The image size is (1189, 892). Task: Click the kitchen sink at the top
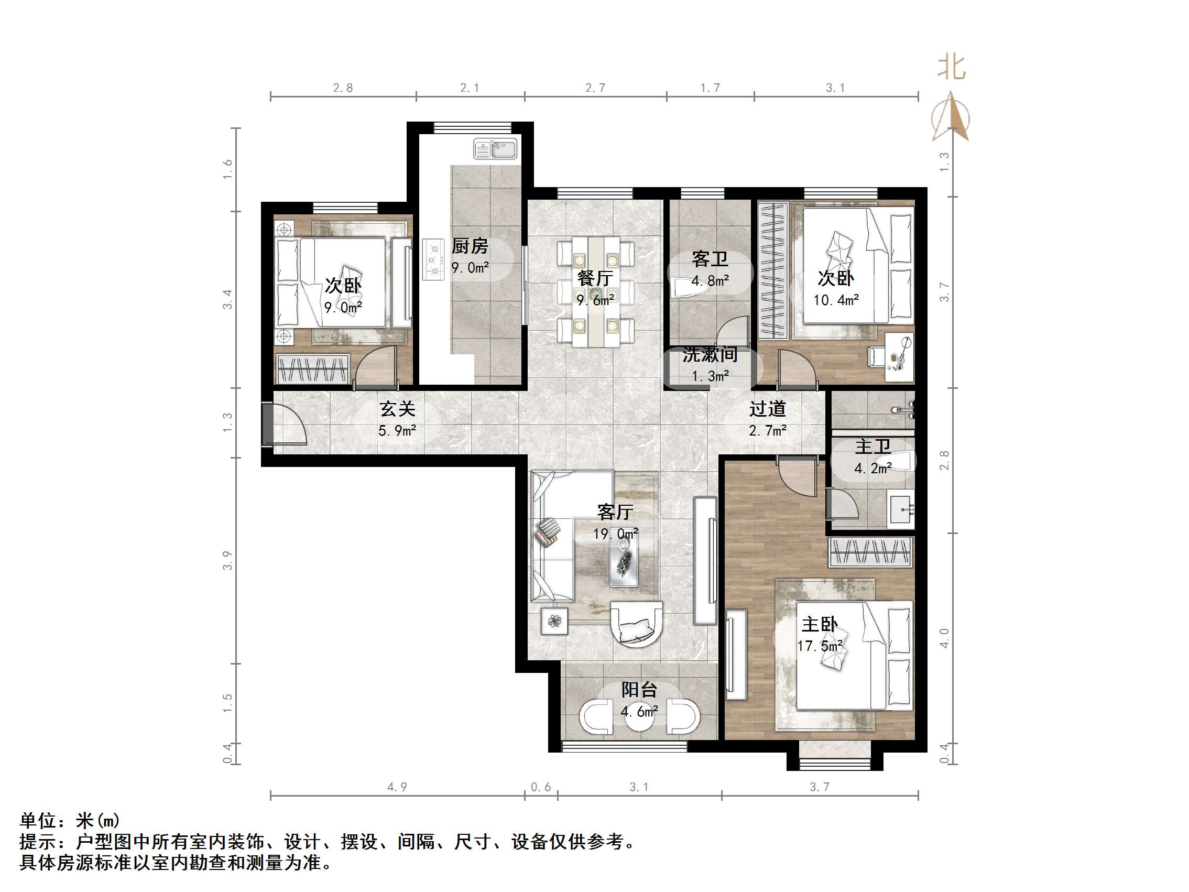point(495,148)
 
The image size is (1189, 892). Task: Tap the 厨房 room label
point(470,246)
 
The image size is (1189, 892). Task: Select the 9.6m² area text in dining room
point(595,300)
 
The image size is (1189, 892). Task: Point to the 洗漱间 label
point(710,355)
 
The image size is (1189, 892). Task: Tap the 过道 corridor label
point(768,409)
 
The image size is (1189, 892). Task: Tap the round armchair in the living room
point(637,624)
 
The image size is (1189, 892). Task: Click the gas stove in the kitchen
point(433,260)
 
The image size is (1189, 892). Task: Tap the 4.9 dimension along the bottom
point(397,787)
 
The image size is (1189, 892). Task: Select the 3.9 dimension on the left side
point(228,560)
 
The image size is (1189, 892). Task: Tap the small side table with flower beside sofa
point(555,622)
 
